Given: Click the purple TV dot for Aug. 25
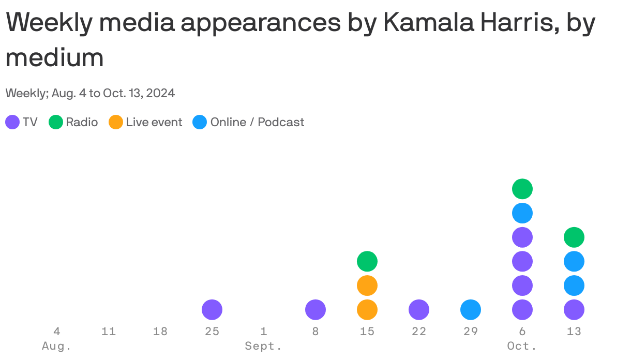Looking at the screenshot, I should point(212,310).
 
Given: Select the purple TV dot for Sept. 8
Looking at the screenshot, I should point(315,310).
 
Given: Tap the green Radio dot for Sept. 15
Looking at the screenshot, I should point(367,261).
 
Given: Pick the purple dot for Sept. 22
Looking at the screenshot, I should point(419,310).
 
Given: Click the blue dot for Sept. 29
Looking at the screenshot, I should point(471,310).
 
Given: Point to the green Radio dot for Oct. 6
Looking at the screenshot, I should point(522,189).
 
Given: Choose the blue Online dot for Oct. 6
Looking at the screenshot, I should point(522,213).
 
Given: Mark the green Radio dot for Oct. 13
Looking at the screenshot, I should point(574,237).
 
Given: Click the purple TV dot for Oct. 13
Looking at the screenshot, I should point(574,310).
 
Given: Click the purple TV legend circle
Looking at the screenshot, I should point(12,123).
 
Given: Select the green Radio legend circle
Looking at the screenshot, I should point(56,123).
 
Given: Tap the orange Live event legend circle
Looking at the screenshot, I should point(116,123).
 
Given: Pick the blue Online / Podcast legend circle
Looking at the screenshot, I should point(200,123).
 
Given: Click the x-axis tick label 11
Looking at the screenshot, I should point(109,332).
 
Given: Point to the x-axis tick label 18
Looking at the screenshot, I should point(160,332).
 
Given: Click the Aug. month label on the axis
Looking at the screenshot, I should point(56,346).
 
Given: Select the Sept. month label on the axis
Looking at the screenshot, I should point(264,346).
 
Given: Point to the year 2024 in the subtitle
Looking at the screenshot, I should point(160,94).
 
